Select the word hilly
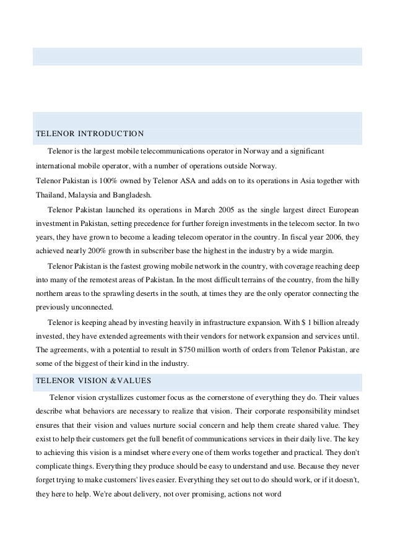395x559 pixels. click(x=349, y=279)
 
